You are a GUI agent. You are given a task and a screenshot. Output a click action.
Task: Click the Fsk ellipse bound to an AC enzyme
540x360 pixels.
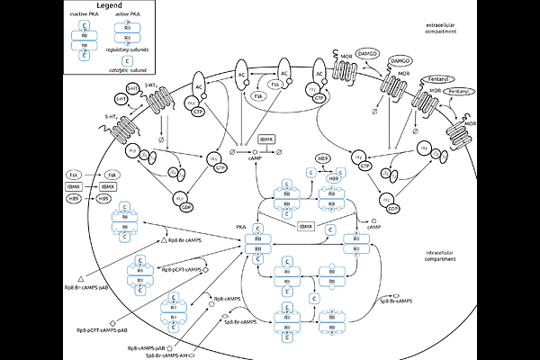258,94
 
